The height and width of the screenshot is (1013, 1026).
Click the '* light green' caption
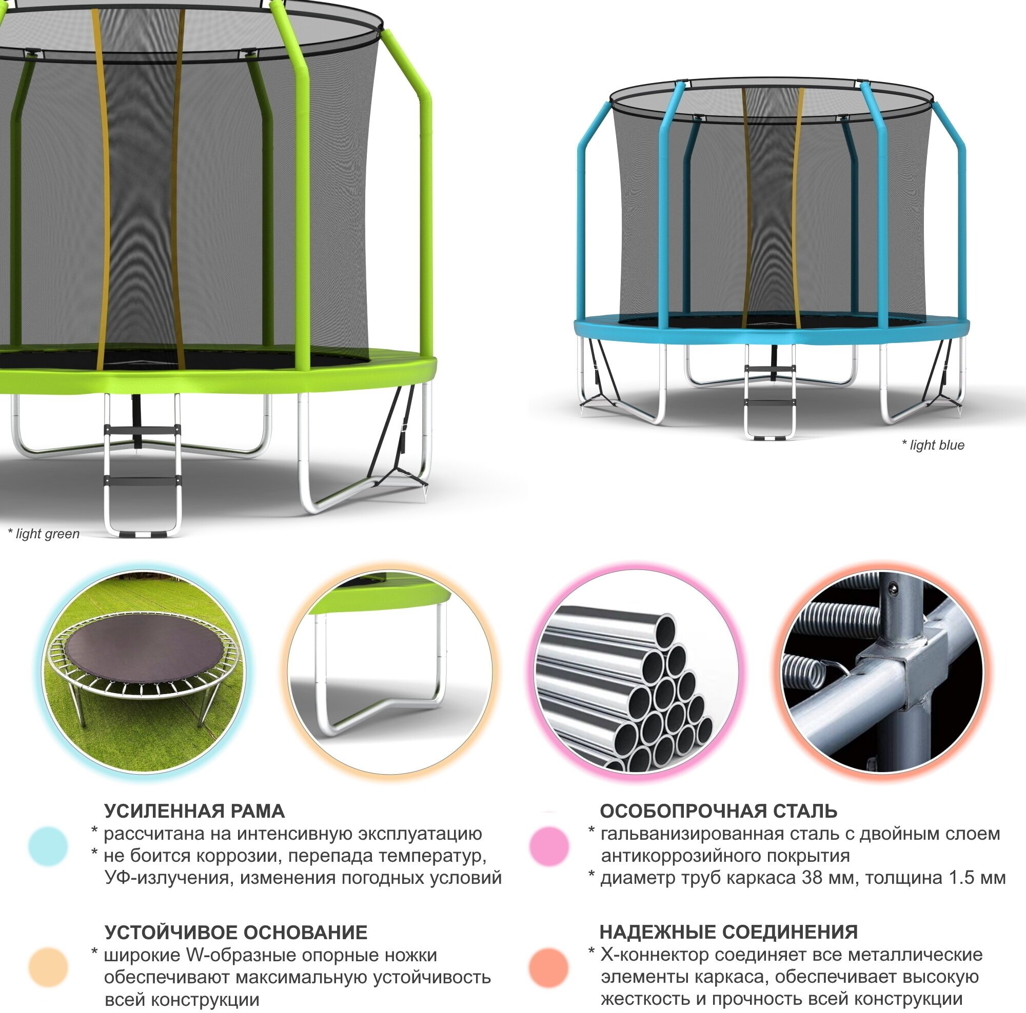point(44,534)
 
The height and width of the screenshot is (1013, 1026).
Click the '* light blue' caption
point(933,445)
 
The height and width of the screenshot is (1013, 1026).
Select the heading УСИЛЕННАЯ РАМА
point(194,812)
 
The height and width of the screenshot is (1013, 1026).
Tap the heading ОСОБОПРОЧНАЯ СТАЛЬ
point(719,812)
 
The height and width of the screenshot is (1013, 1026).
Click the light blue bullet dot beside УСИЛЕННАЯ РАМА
point(48,846)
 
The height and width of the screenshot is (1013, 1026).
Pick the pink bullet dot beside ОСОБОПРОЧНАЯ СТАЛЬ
point(549,846)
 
